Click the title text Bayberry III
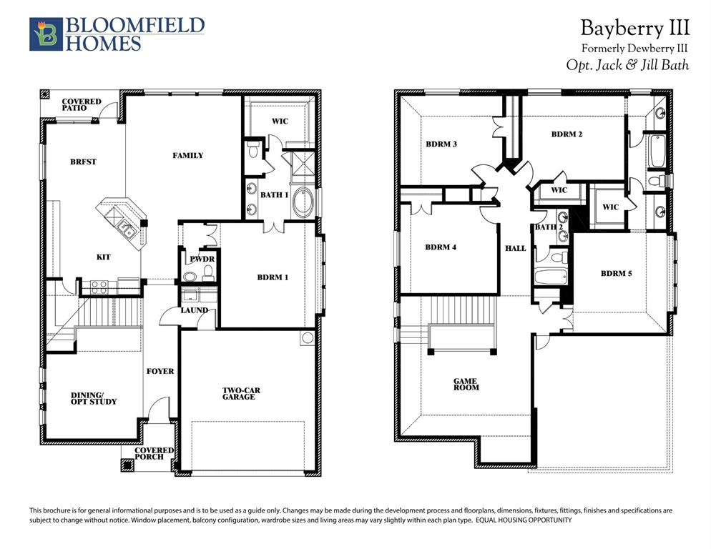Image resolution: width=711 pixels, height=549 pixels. click(634, 28)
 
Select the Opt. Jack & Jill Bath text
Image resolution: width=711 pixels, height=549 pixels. click(627, 64)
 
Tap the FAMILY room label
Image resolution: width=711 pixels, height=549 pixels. click(188, 155)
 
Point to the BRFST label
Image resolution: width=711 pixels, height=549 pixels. click(83, 162)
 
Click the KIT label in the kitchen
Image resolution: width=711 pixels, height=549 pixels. click(104, 257)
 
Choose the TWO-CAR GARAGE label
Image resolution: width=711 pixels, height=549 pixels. click(238, 394)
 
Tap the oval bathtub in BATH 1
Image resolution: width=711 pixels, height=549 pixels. click(303, 203)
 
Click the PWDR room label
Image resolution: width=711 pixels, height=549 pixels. click(197, 259)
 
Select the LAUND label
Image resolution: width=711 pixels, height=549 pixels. click(195, 310)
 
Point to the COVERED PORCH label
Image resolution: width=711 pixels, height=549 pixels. click(154, 454)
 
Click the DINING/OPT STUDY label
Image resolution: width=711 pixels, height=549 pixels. click(93, 398)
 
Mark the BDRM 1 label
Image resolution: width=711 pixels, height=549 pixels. click(273, 277)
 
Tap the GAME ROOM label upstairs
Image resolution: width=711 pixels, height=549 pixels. click(466, 385)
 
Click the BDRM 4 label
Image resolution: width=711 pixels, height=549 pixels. click(441, 247)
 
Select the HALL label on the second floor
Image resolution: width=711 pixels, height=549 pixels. click(515, 249)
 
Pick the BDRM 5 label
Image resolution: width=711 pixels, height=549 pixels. click(616, 273)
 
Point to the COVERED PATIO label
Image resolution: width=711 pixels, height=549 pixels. click(81, 105)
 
